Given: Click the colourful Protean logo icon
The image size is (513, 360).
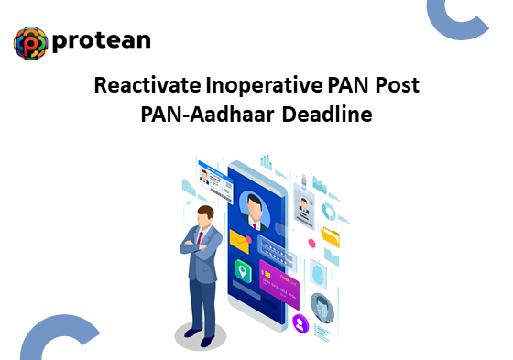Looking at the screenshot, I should tap(32, 43).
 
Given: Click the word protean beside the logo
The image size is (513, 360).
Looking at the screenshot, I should tap(102, 41).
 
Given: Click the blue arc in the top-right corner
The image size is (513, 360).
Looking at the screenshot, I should tap(467, 20).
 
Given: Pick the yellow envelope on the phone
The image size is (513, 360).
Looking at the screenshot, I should tap(240, 242).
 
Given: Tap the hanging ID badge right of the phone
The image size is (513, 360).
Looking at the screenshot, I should tap(304, 207).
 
